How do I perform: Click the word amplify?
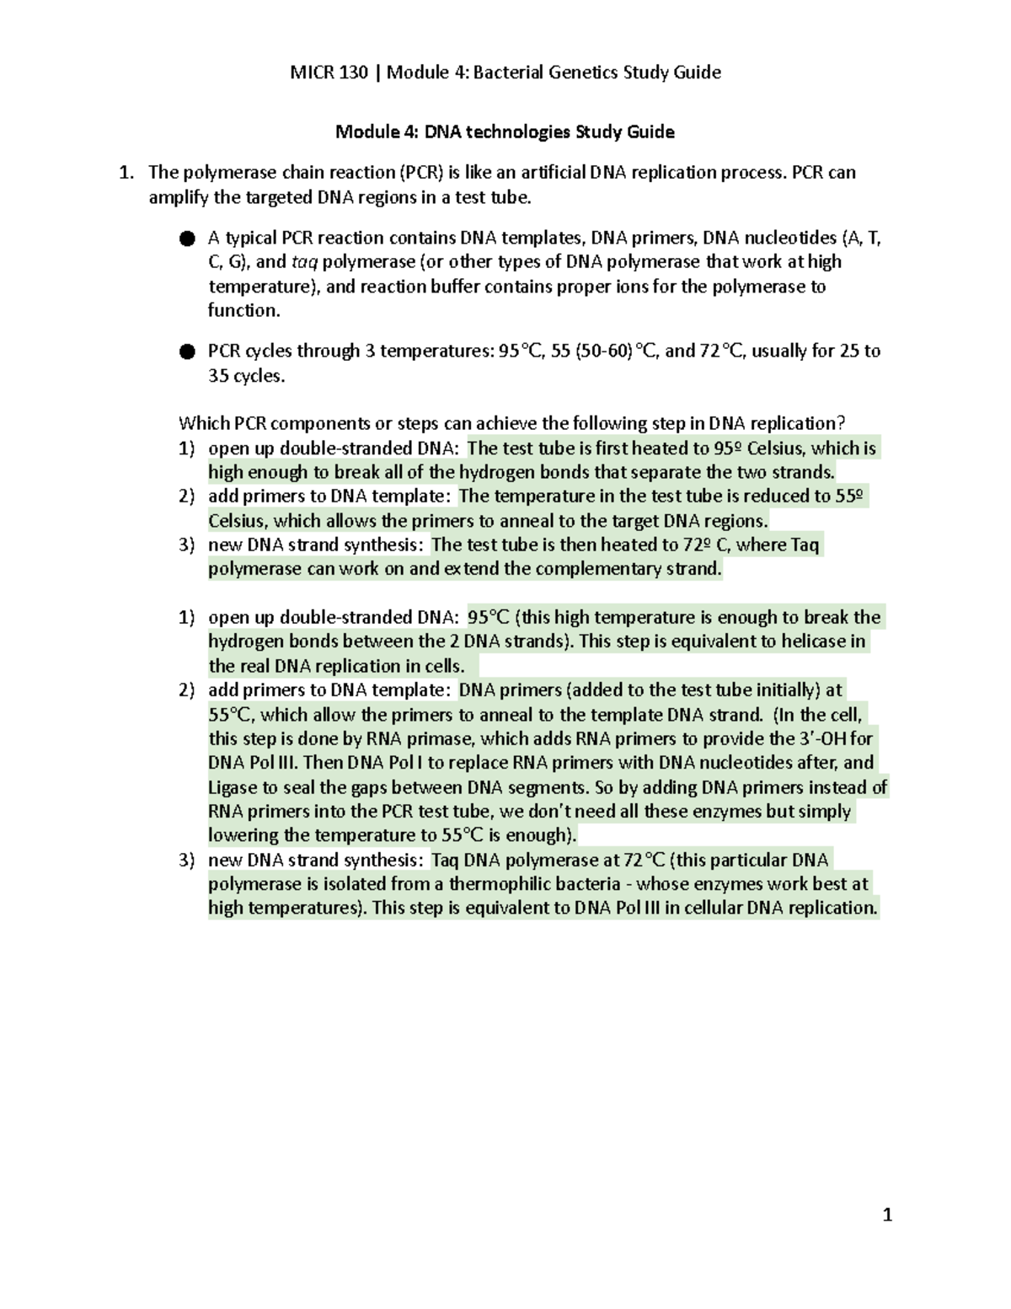coord(177,198)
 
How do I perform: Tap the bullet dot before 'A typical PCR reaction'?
coord(187,239)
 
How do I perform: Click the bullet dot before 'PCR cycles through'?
coord(187,351)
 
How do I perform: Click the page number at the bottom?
coord(886,1215)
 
